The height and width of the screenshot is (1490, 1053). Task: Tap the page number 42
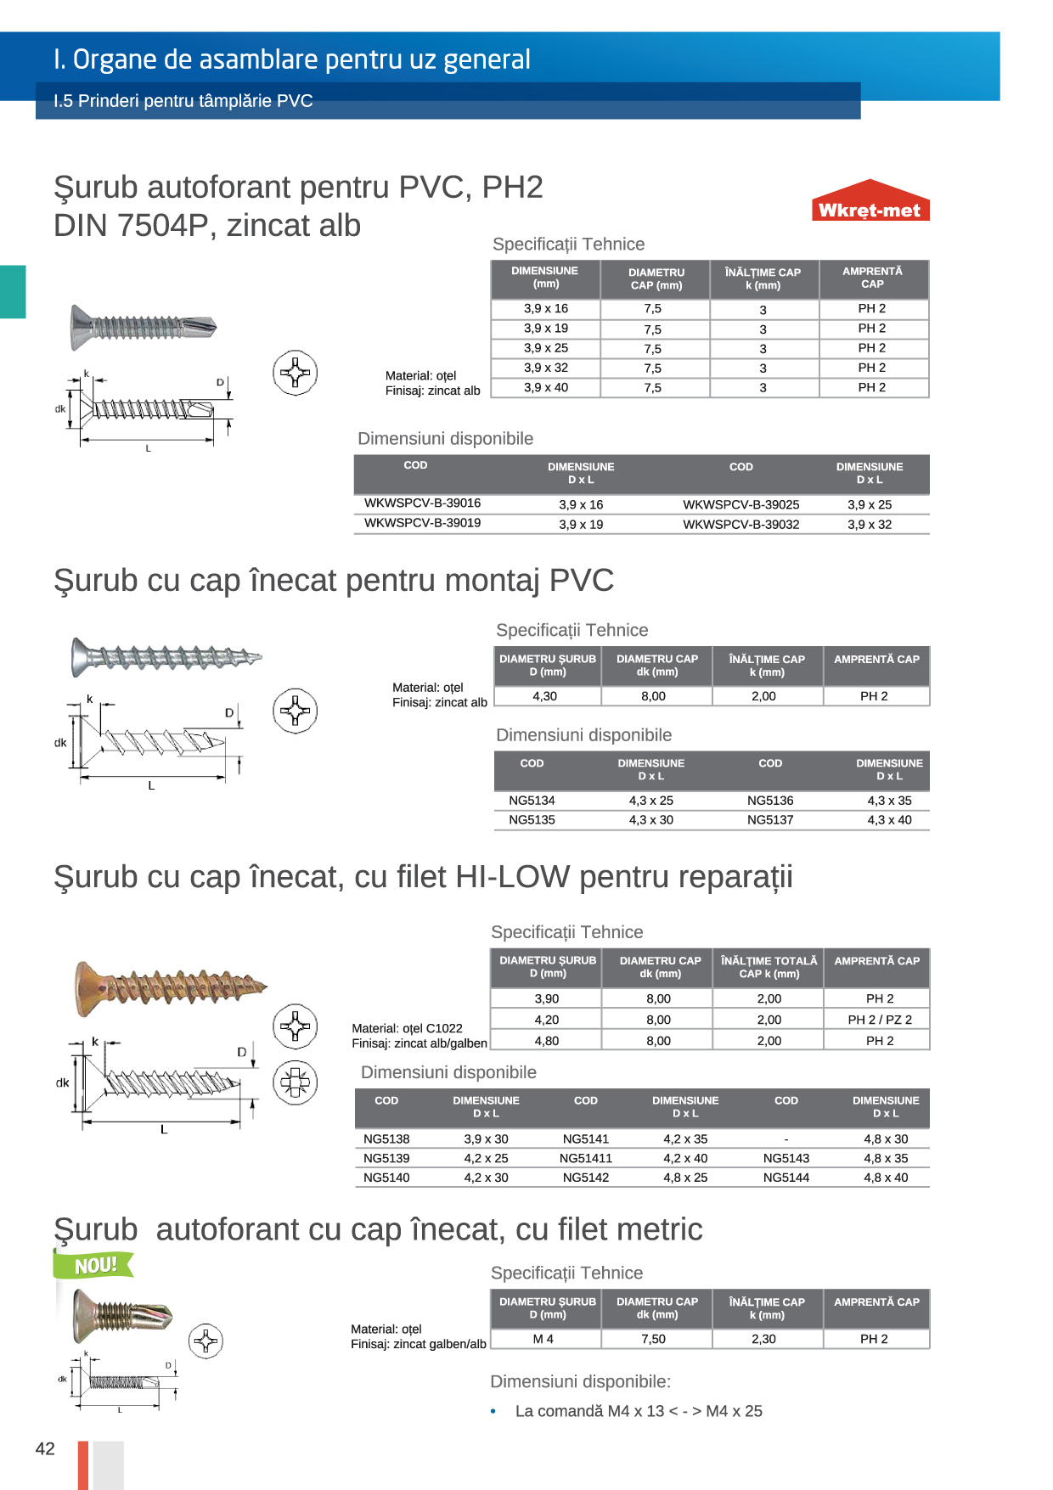45,1448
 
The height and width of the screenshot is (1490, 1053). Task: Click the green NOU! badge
94,1265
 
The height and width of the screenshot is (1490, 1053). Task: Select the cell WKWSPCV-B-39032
740,525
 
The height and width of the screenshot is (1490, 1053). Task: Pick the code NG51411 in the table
585,1158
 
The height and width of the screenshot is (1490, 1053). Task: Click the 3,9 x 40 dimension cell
545,388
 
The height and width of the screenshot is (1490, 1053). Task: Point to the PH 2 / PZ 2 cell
879,1020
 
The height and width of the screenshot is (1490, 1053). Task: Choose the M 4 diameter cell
543,1339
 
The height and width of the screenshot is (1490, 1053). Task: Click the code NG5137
770,820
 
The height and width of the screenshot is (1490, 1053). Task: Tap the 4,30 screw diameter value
544,696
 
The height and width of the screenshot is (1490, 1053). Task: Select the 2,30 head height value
763,1339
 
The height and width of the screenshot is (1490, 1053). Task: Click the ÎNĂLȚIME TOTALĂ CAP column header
769,967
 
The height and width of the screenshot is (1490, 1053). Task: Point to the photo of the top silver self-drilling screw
143,326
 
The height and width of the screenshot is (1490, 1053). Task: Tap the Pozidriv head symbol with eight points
295,1082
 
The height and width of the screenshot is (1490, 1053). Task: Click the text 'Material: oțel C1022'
407,1028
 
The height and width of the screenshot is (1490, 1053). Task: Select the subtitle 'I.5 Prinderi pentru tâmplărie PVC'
183,101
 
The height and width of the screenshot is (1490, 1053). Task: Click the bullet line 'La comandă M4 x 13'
639,1411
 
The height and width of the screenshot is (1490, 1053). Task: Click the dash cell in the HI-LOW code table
786,1139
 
